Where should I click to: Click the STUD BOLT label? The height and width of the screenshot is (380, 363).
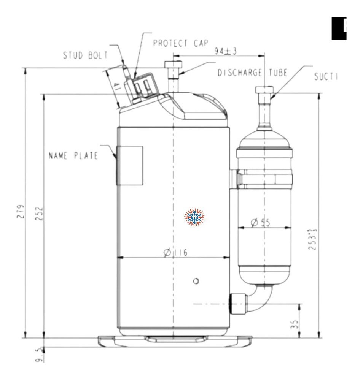pyautogui.click(x=85, y=55)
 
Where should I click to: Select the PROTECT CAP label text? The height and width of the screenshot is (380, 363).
pyautogui.click(x=180, y=43)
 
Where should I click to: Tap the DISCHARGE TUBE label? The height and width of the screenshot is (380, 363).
pyautogui.click(x=252, y=73)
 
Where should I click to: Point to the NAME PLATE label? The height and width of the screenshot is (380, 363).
pyautogui.click(x=73, y=155)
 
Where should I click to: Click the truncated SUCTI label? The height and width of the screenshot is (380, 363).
pyautogui.click(x=325, y=77)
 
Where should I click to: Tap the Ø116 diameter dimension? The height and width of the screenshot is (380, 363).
pyautogui.click(x=175, y=253)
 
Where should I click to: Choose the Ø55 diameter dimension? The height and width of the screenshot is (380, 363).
pyautogui.click(x=261, y=223)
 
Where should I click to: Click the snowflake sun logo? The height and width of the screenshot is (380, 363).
pyautogui.click(x=194, y=218)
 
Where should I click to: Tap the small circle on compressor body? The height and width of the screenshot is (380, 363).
pyautogui.click(x=196, y=281)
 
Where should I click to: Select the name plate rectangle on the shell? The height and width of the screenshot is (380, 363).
pyautogui.click(x=130, y=165)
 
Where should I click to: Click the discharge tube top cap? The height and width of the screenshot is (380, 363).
pyautogui.click(x=173, y=64)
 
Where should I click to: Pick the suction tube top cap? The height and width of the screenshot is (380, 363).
pyautogui.click(x=264, y=90)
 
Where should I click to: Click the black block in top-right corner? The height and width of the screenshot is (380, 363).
pyautogui.click(x=339, y=28)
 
